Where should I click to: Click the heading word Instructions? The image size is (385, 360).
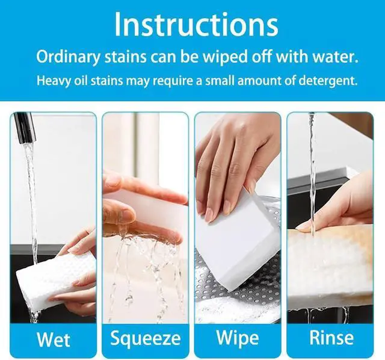tap(196, 24)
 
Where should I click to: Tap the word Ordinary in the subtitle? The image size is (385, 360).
tap(68, 57)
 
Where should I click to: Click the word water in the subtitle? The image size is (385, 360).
tap(335, 57)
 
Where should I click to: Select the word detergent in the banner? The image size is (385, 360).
tap(328, 81)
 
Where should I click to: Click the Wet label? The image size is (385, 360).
tap(54, 340)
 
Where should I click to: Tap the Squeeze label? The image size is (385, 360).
tap(146, 338)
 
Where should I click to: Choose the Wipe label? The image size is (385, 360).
tap(238, 338)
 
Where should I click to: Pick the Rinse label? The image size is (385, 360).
tap(331, 338)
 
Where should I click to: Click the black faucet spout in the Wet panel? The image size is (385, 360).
tap(25, 127)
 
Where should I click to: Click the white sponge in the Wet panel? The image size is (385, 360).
tap(55, 280)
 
